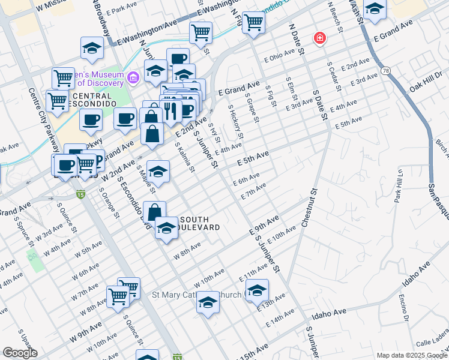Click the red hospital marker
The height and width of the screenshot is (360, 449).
click(x=321, y=39)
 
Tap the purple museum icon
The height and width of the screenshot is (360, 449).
click(x=133, y=76)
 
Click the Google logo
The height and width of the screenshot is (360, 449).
click(x=20, y=353)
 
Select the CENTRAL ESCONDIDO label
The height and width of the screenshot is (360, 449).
click(x=91, y=100)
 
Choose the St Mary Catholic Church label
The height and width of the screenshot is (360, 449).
click(x=196, y=295)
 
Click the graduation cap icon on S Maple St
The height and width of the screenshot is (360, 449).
click(x=158, y=172)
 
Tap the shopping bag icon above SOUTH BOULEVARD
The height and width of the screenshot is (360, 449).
click(x=154, y=212)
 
